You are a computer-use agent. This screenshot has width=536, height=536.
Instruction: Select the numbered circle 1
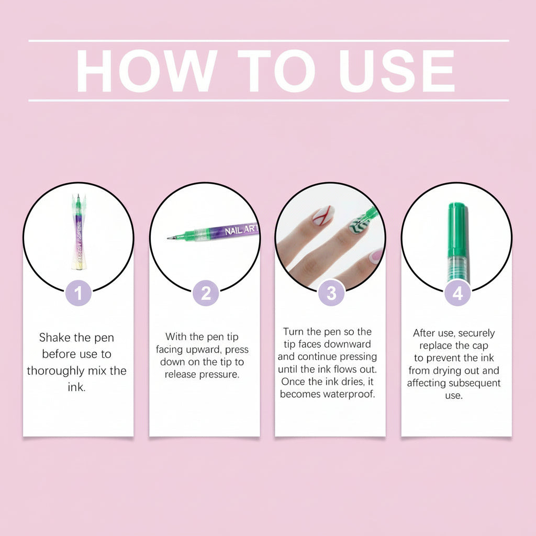click(x=79, y=293)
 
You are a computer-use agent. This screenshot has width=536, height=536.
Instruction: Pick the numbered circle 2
click(x=205, y=293)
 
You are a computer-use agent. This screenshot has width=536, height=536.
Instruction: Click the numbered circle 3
click(x=331, y=293)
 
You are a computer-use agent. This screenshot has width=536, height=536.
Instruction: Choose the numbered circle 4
click(x=457, y=293)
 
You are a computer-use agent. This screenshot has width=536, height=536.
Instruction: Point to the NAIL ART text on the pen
click(x=241, y=230)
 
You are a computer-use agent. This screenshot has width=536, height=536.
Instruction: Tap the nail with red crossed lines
click(x=323, y=215)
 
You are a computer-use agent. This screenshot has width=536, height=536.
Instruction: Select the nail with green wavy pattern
click(x=360, y=224)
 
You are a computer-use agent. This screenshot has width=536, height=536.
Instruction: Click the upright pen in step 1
click(x=79, y=232)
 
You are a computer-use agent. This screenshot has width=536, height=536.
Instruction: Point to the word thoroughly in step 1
click(x=55, y=371)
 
